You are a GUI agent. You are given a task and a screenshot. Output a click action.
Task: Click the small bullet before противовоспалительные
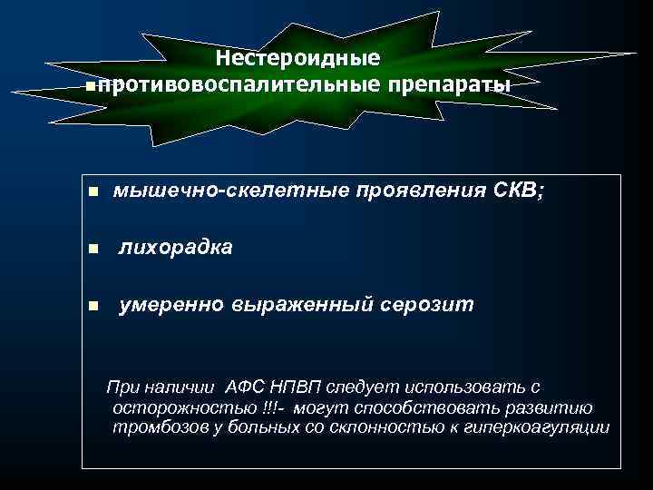[87, 85]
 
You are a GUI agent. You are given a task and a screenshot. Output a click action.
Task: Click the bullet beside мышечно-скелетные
[92, 193]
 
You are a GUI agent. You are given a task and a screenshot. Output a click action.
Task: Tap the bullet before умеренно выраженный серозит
[92, 307]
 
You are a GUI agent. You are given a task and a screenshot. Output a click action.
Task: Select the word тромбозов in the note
[150, 427]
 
